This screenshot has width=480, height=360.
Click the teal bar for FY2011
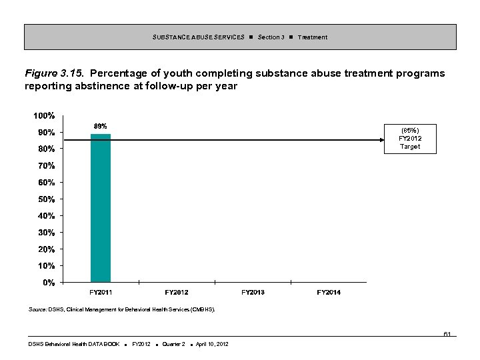tap(101, 208)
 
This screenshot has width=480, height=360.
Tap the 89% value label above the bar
tap(100, 126)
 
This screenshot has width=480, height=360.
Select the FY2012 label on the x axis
tap(177, 293)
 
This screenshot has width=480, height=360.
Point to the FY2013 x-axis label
tap(253, 293)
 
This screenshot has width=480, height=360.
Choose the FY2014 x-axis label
tap(329, 293)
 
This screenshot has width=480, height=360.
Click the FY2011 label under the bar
tap(101, 293)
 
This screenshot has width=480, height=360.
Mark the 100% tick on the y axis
tap(45, 115)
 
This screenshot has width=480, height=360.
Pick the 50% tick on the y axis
tap(47, 199)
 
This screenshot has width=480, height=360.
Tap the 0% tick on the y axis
tap(49, 283)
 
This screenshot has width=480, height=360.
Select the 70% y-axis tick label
tap(47, 165)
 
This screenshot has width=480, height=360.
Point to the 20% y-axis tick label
tap(47, 249)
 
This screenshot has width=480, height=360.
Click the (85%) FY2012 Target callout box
tap(410, 138)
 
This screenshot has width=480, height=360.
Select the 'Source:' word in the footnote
tap(38, 309)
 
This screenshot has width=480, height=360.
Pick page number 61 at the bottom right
tap(447, 333)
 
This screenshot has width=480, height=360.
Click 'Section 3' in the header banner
tap(271, 37)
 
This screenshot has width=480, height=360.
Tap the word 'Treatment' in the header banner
tap(313, 37)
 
